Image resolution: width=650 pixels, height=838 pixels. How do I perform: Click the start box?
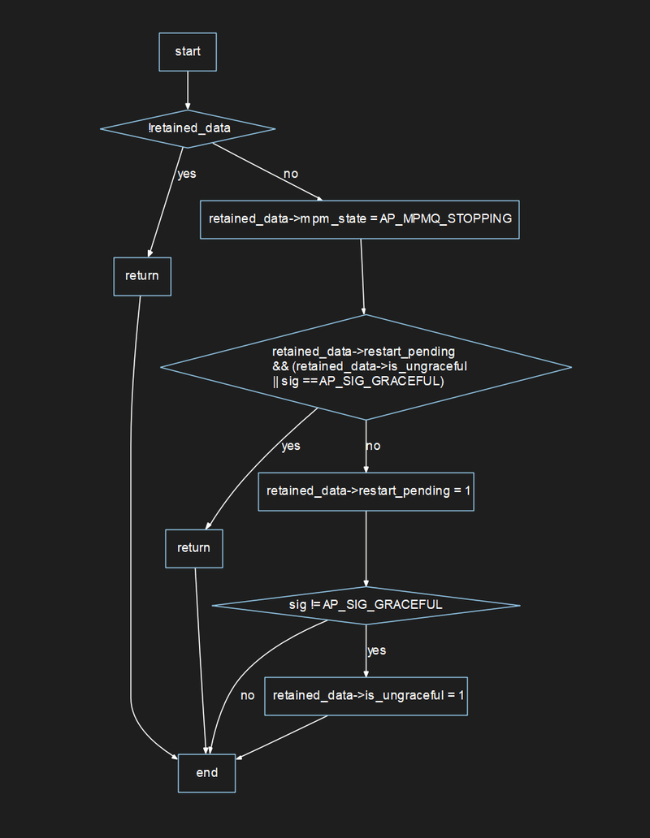188,52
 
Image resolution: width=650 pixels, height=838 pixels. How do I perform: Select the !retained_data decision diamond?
188,128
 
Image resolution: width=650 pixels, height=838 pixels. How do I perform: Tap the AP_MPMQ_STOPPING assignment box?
359,219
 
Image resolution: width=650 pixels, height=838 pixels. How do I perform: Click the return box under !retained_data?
142,275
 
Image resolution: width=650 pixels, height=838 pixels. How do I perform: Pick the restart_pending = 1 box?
366,490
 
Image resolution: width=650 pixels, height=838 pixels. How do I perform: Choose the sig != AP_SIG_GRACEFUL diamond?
366,605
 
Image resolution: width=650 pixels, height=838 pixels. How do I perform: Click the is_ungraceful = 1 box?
366,696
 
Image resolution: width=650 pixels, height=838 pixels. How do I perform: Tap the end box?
207,772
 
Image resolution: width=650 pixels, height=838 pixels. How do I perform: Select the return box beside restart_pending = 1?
193,548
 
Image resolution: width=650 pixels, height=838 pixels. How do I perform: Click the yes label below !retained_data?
187,174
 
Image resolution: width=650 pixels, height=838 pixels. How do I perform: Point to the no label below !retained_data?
290,175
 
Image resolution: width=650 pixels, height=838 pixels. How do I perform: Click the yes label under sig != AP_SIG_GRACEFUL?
376,650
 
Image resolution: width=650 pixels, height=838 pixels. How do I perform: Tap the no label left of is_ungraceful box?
248,696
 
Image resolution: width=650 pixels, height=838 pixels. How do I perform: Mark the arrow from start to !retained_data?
188,89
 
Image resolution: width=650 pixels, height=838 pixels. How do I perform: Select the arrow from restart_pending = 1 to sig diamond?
366,548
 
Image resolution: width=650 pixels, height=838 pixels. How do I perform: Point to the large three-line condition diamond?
366,367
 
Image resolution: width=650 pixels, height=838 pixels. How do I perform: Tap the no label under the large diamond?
373,446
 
